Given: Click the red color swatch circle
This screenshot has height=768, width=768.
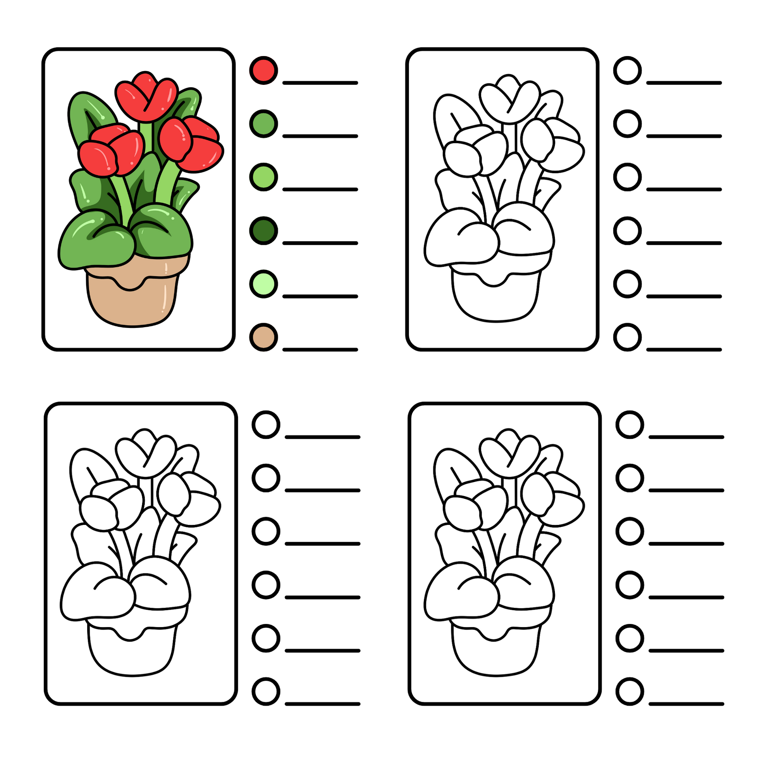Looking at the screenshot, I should pos(263,70).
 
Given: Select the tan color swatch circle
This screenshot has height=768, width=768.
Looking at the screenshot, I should pos(263,337).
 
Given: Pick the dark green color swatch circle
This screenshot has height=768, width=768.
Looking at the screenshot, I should pos(263,230).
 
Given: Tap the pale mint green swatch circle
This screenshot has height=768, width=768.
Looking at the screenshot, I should pos(263,284).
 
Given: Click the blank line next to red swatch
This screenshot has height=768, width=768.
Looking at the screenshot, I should pos(320,83).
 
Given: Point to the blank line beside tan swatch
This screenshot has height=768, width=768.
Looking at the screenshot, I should pos(320,349).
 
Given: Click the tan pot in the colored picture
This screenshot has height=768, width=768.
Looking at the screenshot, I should pos(131,304).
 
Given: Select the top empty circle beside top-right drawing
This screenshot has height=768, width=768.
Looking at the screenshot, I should pos(627,70).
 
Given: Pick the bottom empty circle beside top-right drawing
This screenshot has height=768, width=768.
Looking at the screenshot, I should pos(627,337).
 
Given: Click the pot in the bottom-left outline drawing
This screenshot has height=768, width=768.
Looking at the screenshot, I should pos(131,658).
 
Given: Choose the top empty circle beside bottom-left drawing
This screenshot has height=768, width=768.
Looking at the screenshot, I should pos(266,425).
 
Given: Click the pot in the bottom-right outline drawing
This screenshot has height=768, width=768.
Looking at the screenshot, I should pos(495,658).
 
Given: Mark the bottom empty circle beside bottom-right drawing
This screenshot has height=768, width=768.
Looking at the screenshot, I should pos(629,692).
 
